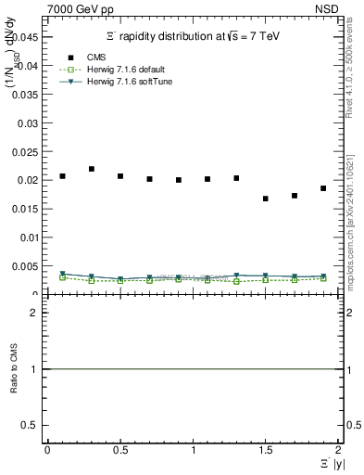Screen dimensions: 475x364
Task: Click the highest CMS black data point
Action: [92, 169]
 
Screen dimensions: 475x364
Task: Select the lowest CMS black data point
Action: [266, 199]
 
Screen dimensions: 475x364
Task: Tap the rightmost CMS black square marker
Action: [323, 188]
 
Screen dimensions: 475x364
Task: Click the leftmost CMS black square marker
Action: [63, 175]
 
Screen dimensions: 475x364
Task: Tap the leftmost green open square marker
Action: [63, 277]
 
